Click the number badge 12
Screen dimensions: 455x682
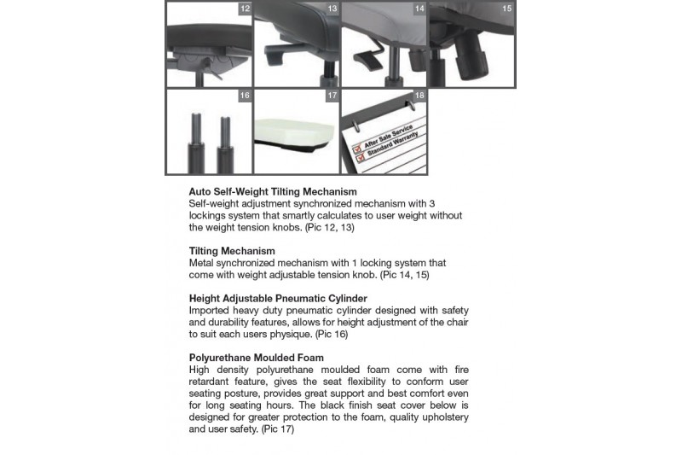coord(246,9)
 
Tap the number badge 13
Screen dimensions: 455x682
coord(332,9)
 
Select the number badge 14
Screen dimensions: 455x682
coord(419,9)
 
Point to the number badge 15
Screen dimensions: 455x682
coord(507,9)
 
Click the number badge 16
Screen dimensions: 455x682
coord(246,96)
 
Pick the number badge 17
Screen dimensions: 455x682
coord(332,96)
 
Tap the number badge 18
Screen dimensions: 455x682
coord(419,96)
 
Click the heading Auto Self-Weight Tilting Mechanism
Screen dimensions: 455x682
coord(273,192)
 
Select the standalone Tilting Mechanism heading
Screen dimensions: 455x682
coord(232,251)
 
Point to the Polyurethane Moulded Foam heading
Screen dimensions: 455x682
coord(257,357)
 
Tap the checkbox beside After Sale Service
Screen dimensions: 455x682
coord(357,146)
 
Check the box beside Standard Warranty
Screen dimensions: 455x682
coord(359,157)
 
